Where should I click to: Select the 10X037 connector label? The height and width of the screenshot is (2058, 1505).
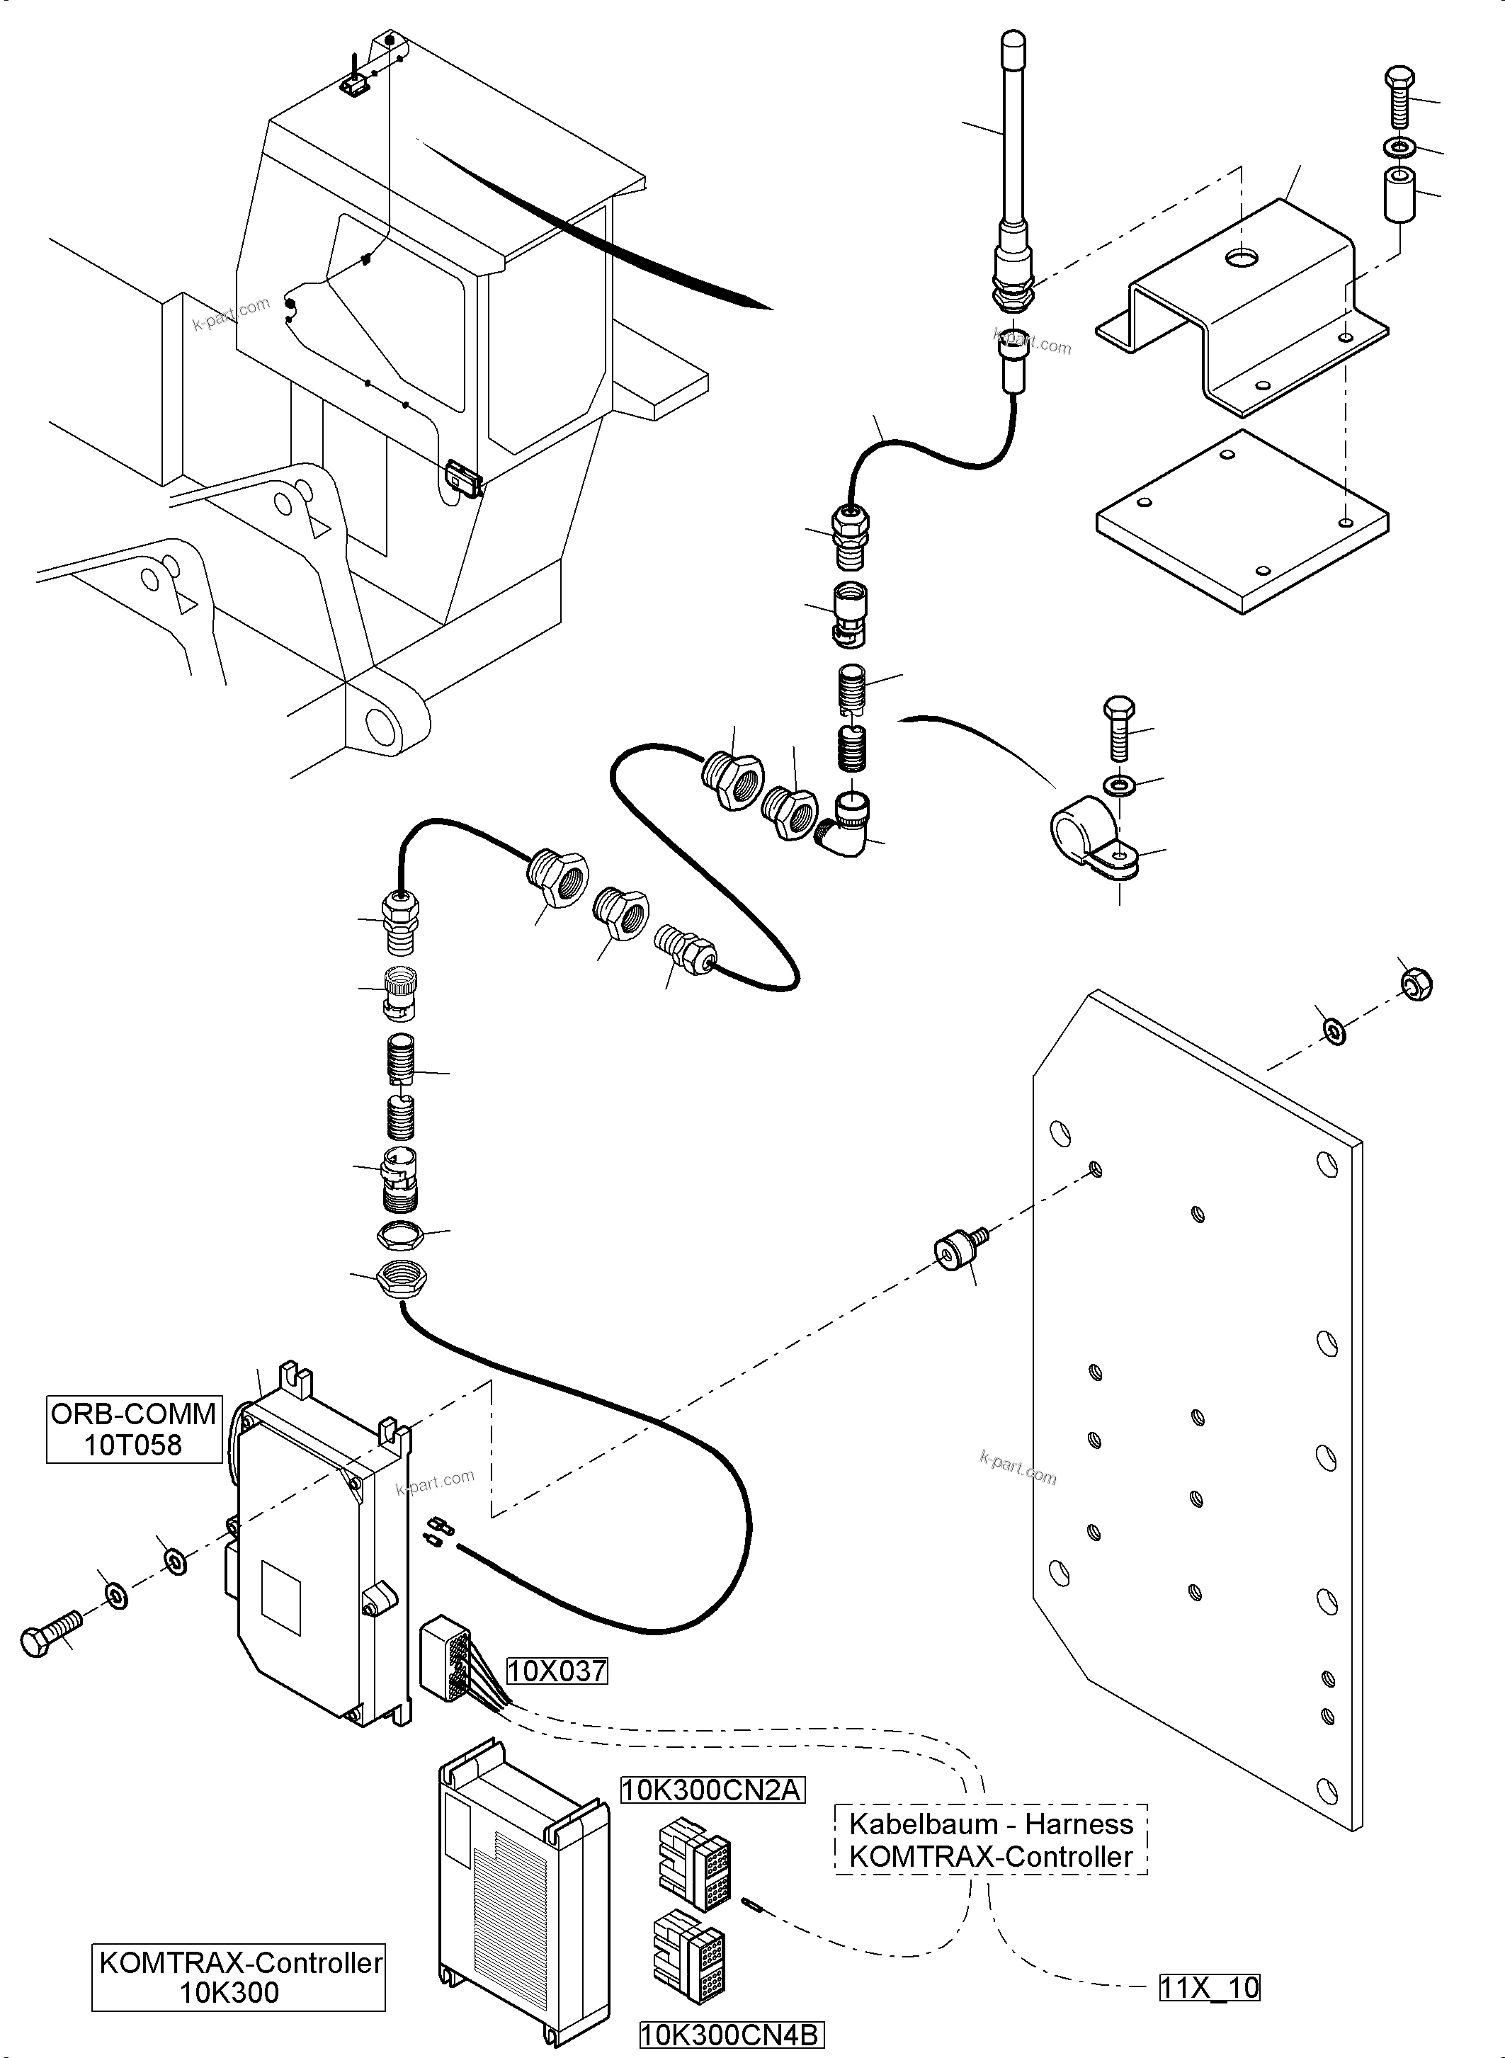pyautogui.click(x=557, y=1671)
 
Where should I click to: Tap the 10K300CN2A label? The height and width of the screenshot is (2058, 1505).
pyautogui.click(x=712, y=1791)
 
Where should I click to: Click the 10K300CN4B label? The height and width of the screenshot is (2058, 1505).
pyautogui.click(x=731, y=2035)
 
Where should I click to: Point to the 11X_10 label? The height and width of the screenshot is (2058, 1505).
pyautogui.click(x=1210, y=1987)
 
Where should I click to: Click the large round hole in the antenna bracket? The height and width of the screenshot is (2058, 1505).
pyautogui.click(x=1240, y=258)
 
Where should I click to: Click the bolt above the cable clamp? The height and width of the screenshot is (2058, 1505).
pyautogui.click(x=1120, y=728)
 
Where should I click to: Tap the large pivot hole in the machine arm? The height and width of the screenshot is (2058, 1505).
pyautogui.click(x=378, y=725)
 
